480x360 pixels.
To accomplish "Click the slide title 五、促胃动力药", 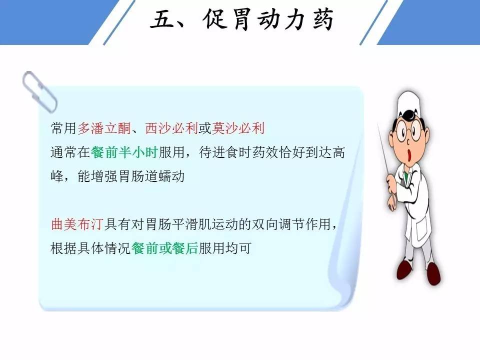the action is [241, 20].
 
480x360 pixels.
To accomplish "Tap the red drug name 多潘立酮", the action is [104, 128].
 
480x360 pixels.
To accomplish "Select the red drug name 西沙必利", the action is [171, 128].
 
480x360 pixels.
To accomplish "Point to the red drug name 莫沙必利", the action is [238, 128].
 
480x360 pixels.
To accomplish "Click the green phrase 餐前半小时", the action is [124, 152].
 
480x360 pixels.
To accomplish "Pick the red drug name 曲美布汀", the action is [77, 224].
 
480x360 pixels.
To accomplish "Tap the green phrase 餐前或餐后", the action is [164, 248].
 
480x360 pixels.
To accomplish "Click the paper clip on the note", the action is [39, 91].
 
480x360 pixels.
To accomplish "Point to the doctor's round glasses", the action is [409, 131].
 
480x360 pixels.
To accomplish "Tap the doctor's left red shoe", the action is [404, 269].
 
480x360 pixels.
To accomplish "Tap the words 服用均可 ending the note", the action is [225, 248].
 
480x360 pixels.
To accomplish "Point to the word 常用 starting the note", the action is [63, 128].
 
